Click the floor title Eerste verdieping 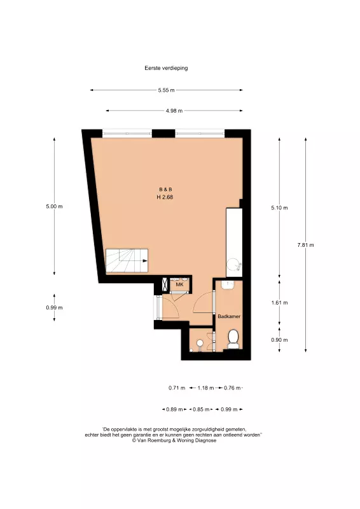166,68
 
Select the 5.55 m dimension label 166,90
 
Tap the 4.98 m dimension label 174,111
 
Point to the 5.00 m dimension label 54,206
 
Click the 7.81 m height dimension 305,245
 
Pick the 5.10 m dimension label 279,208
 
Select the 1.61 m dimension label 279,303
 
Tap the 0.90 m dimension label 279,340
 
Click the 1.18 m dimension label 206,388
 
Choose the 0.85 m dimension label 201,410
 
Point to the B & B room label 165,189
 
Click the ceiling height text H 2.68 165,197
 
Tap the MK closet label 179,284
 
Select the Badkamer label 229,316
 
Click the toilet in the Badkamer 233,339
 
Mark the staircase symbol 127,261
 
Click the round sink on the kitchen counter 233,264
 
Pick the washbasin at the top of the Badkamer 228,285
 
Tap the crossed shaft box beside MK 165,285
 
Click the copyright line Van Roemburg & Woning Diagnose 174,440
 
